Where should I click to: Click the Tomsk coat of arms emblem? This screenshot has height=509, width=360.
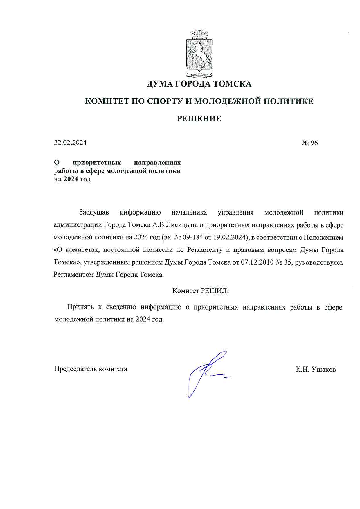point(199,54)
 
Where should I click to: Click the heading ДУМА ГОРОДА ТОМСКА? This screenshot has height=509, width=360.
point(199,84)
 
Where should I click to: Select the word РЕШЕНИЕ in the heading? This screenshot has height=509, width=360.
point(199,118)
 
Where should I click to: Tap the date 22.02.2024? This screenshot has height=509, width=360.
point(70,143)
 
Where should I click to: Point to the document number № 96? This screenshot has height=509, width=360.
point(309,143)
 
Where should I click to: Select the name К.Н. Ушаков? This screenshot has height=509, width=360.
point(316,369)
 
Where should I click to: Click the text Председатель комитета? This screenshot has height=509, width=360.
point(91,369)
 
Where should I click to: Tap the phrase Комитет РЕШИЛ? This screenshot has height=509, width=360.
point(200,291)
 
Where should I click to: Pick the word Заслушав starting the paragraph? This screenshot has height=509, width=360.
point(94,213)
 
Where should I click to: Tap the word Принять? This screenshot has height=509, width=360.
point(80,307)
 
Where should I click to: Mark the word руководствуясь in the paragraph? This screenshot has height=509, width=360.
point(319,262)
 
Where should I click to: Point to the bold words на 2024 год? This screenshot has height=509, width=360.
point(72,179)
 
